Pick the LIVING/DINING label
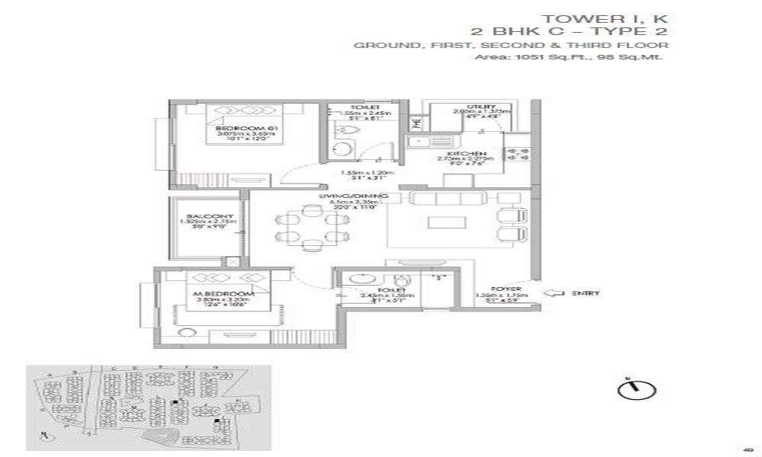click(366, 197)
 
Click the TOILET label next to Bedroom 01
click(360, 107)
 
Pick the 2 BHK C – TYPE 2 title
click(572, 32)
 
